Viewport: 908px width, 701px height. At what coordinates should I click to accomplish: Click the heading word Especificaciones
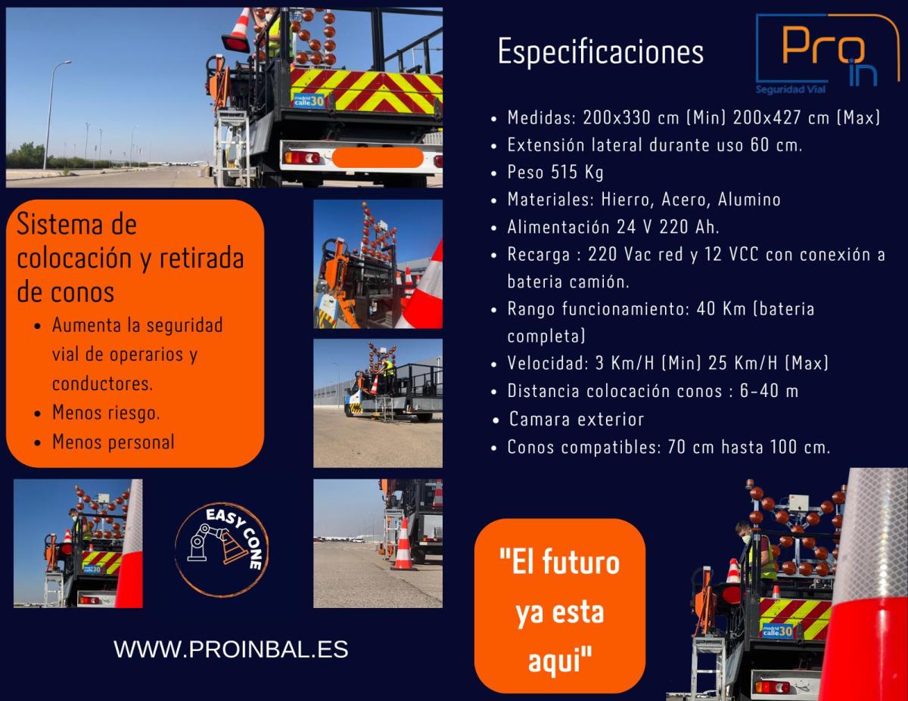(x=601, y=51)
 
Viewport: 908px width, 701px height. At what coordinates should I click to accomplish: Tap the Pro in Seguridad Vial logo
(x=827, y=54)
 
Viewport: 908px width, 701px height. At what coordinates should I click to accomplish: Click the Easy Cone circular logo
(x=222, y=550)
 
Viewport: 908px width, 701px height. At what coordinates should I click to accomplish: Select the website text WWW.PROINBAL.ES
(x=231, y=650)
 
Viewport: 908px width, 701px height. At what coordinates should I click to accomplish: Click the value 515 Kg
(x=577, y=172)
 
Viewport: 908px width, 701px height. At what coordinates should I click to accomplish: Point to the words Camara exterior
(x=577, y=419)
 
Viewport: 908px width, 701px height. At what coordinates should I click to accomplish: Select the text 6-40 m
(x=769, y=391)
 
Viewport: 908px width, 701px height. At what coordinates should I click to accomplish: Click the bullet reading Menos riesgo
(x=106, y=413)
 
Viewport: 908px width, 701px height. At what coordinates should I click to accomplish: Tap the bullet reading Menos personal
(x=113, y=442)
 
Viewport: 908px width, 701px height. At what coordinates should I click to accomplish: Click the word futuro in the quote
(x=581, y=562)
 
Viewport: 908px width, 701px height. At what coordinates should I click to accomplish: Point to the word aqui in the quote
(x=560, y=661)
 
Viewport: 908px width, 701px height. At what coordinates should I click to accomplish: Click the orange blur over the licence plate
(x=378, y=157)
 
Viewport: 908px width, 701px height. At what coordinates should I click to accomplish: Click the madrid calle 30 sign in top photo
(x=309, y=101)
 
